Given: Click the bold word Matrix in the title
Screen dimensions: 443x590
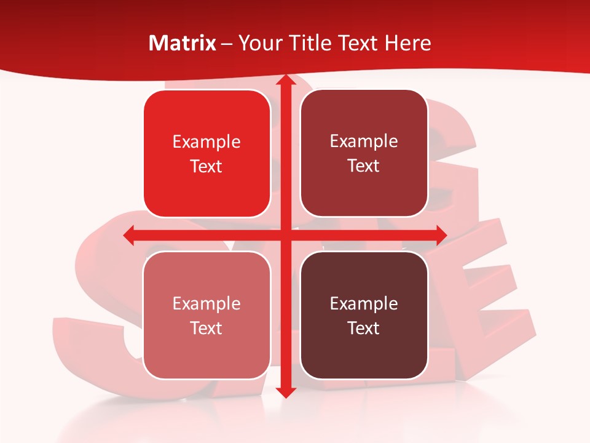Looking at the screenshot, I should (x=183, y=43).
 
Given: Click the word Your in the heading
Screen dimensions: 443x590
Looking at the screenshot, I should (x=257, y=43).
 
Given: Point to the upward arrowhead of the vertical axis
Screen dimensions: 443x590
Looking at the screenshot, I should (x=285, y=80).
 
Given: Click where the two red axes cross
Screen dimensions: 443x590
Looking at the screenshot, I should (x=285, y=235).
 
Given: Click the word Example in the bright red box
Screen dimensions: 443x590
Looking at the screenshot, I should (x=206, y=142).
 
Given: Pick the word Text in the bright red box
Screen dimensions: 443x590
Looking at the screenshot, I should (x=206, y=167).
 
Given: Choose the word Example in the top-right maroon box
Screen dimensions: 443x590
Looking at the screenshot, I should (x=364, y=142).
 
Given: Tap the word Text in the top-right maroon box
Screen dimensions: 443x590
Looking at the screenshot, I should (x=364, y=166).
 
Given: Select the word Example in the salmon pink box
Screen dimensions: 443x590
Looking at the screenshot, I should (x=206, y=303).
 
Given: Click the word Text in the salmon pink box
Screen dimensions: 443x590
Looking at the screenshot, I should (x=206, y=328).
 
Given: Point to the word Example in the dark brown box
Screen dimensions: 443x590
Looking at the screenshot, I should (x=364, y=303).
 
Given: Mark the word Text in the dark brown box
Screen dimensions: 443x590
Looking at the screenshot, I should (x=364, y=328).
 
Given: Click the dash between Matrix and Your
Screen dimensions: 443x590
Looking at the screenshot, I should (x=227, y=44).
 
